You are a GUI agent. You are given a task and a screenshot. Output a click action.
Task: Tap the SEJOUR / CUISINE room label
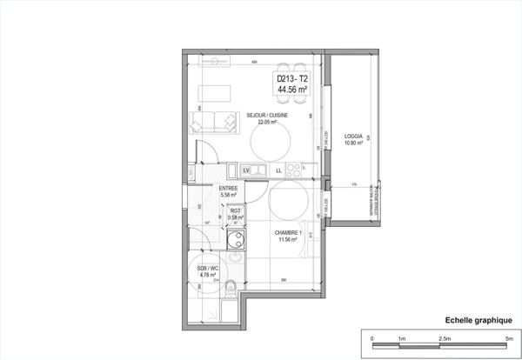pyautogui.click(x=267, y=115)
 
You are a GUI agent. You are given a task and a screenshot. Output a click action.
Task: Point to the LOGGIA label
pyautogui.click(x=353, y=136)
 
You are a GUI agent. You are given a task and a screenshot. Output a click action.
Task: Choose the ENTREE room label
pyautogui.click(x=229, y=188)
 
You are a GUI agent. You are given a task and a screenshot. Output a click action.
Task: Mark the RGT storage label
pyautogui.click(x=235, y=210)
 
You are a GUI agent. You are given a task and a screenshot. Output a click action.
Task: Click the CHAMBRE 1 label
pyautogui.click(x=288, y=232)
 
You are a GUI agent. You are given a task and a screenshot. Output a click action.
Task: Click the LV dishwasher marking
pyautogui.click(x=247, y=170)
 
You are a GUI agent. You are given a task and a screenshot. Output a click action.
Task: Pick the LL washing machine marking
pyautogui.click(x=278, y=170)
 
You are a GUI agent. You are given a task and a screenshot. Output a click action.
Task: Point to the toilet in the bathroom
pyautogui.click(x=231, y=288)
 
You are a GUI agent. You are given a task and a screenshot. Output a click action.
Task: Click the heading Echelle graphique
pyautogui.click(x=472, y=320)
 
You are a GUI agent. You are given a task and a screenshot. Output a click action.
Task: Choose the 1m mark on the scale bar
pyautogui.click(x=400, y=337)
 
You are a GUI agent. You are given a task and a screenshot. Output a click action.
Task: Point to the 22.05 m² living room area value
pyautogui.click(x=267, y=123)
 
